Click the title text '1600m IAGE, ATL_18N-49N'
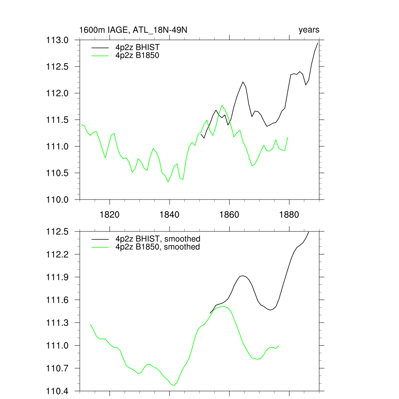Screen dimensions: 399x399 coord(134,30)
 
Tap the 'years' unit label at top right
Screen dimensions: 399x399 coord(309,30)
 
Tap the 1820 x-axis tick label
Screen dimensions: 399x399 coord(109,215)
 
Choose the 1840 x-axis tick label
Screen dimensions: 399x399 coord(169,215)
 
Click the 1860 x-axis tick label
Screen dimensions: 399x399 coord(230,215)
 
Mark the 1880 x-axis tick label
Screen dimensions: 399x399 coord(290,215)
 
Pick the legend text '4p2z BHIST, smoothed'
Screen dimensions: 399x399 coord(158,239)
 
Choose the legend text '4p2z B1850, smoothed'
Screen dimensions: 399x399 coord(158,247)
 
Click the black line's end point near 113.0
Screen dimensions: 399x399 coord(318,43)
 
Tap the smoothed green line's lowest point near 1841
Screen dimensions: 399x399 coord(173,385)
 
